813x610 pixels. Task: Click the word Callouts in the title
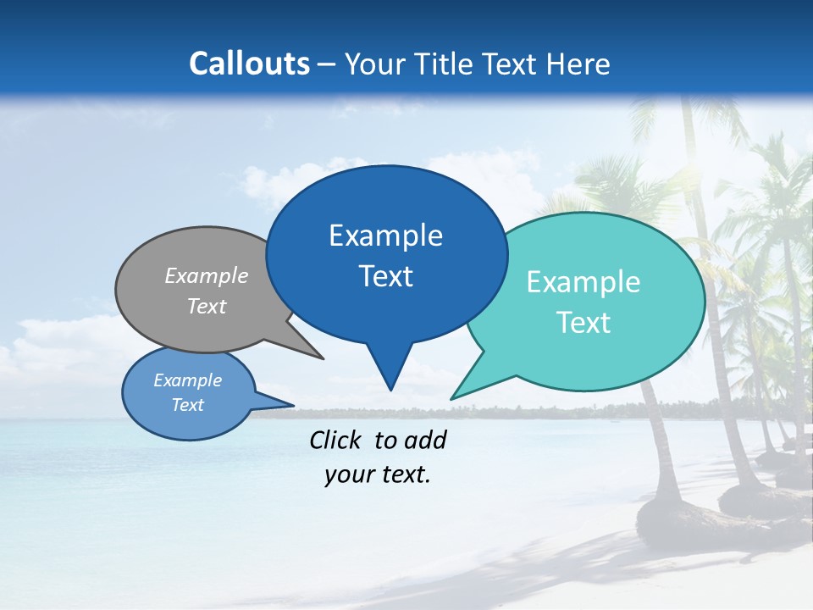(x=249, y=64)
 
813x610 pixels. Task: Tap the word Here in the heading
(x=579, y=64)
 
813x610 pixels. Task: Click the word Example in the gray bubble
(x=207, y=276)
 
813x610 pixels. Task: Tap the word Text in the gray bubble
(x=207, y=307)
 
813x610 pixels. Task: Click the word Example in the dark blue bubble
(x=385, y=236)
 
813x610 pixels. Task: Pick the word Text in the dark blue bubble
(x=385, y=276)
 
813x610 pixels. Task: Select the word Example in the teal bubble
(x=583, y=282)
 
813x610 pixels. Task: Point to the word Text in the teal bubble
(x=583, y=323)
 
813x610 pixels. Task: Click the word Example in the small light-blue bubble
(x=187, y=380)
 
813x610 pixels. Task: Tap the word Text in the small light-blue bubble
(x=187, y=405)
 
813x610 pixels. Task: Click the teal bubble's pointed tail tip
(x=453, y=397)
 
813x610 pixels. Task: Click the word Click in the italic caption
(x=337, y=440)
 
